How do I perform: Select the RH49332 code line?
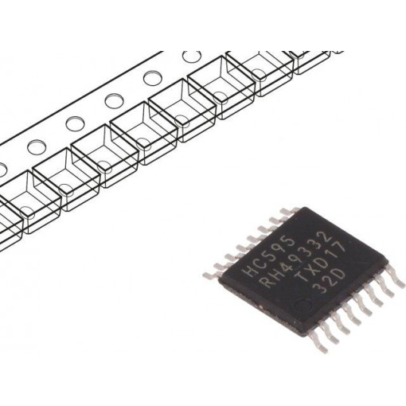[295, 260]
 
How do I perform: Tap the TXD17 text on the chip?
[321, 262]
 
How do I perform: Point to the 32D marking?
[331, 282]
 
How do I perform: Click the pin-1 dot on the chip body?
[303, 304]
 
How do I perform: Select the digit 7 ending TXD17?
[340, 248]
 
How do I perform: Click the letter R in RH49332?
[265, 282]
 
